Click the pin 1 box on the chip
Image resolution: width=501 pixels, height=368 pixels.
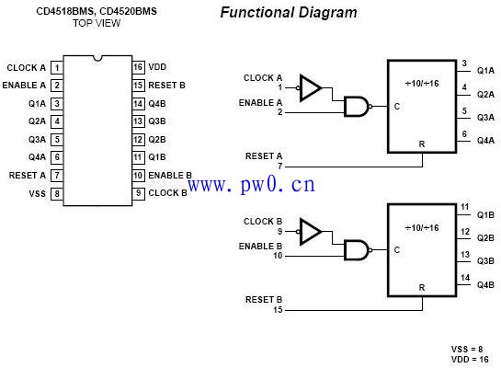[57, 67]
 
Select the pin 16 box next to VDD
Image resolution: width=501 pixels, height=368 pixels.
[137, 67]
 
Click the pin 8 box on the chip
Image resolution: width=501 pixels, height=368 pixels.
[57, 194]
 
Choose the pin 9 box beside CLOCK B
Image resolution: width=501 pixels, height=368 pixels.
[137, 193]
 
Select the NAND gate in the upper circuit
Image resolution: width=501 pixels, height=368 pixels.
[356, 106]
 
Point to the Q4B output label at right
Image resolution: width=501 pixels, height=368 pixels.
[485, 284]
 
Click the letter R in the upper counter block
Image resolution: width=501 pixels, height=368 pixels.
[422, 144]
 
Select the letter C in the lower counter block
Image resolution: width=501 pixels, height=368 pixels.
[397, 249]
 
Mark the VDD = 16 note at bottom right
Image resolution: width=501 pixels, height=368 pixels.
[473, 359]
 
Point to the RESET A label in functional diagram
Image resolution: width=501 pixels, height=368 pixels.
[264, 155]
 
